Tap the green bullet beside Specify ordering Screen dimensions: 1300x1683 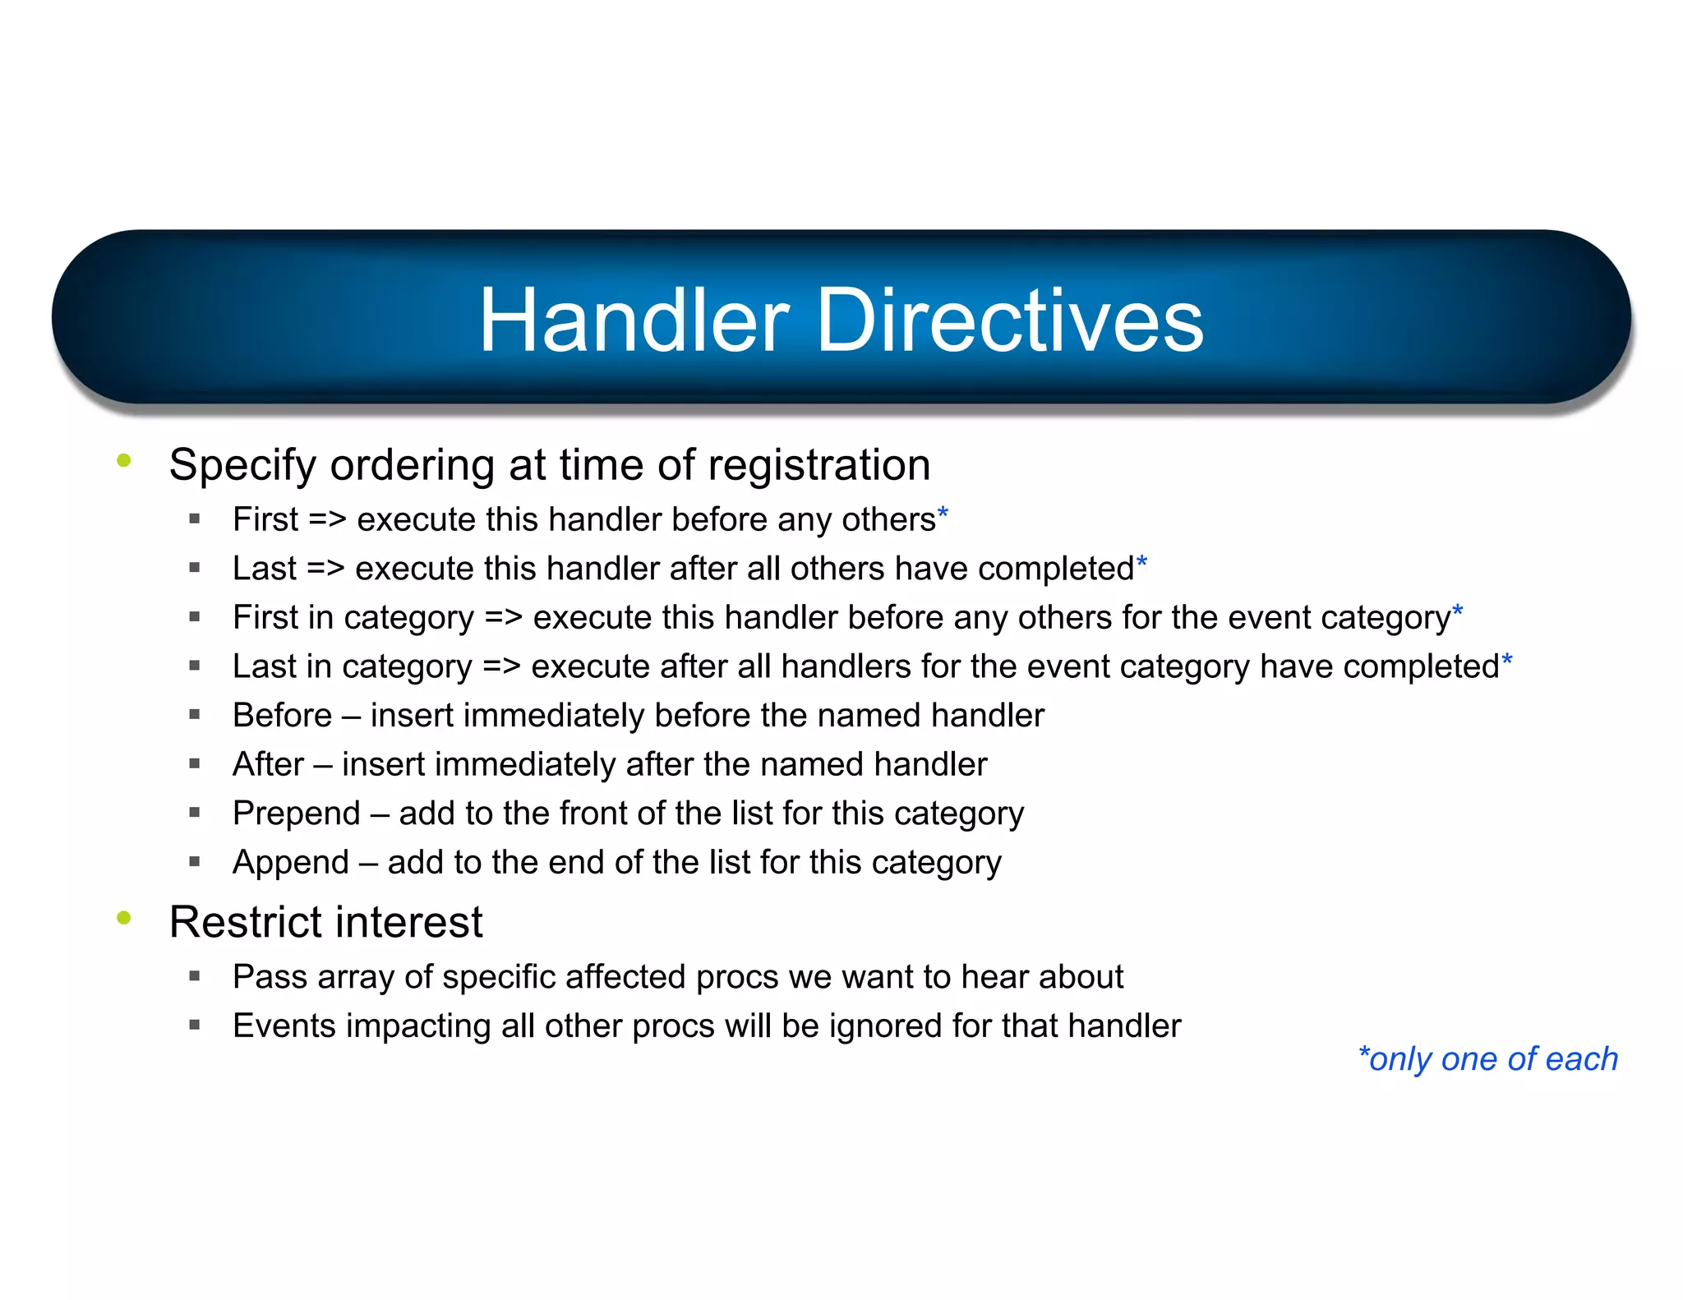tap(124, 460)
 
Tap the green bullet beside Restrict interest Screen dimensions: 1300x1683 tap(124, 918)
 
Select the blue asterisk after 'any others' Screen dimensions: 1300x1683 tap(943, 515)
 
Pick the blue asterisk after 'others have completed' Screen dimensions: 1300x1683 tap(1141, 564)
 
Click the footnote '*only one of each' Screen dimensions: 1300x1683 tap(1487, 1059)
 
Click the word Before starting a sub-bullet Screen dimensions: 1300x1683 tap(282, 716)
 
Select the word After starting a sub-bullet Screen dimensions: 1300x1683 tap(268, 764)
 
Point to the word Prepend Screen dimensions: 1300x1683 tap(297, 814)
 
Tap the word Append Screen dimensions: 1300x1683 tap(291, 863)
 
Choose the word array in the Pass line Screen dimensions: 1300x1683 tap(355, 978)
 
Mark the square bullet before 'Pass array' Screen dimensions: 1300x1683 tap(195, 976)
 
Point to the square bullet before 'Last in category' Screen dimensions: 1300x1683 tap(195, 666)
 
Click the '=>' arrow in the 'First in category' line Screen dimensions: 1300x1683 tap(503, 618)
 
